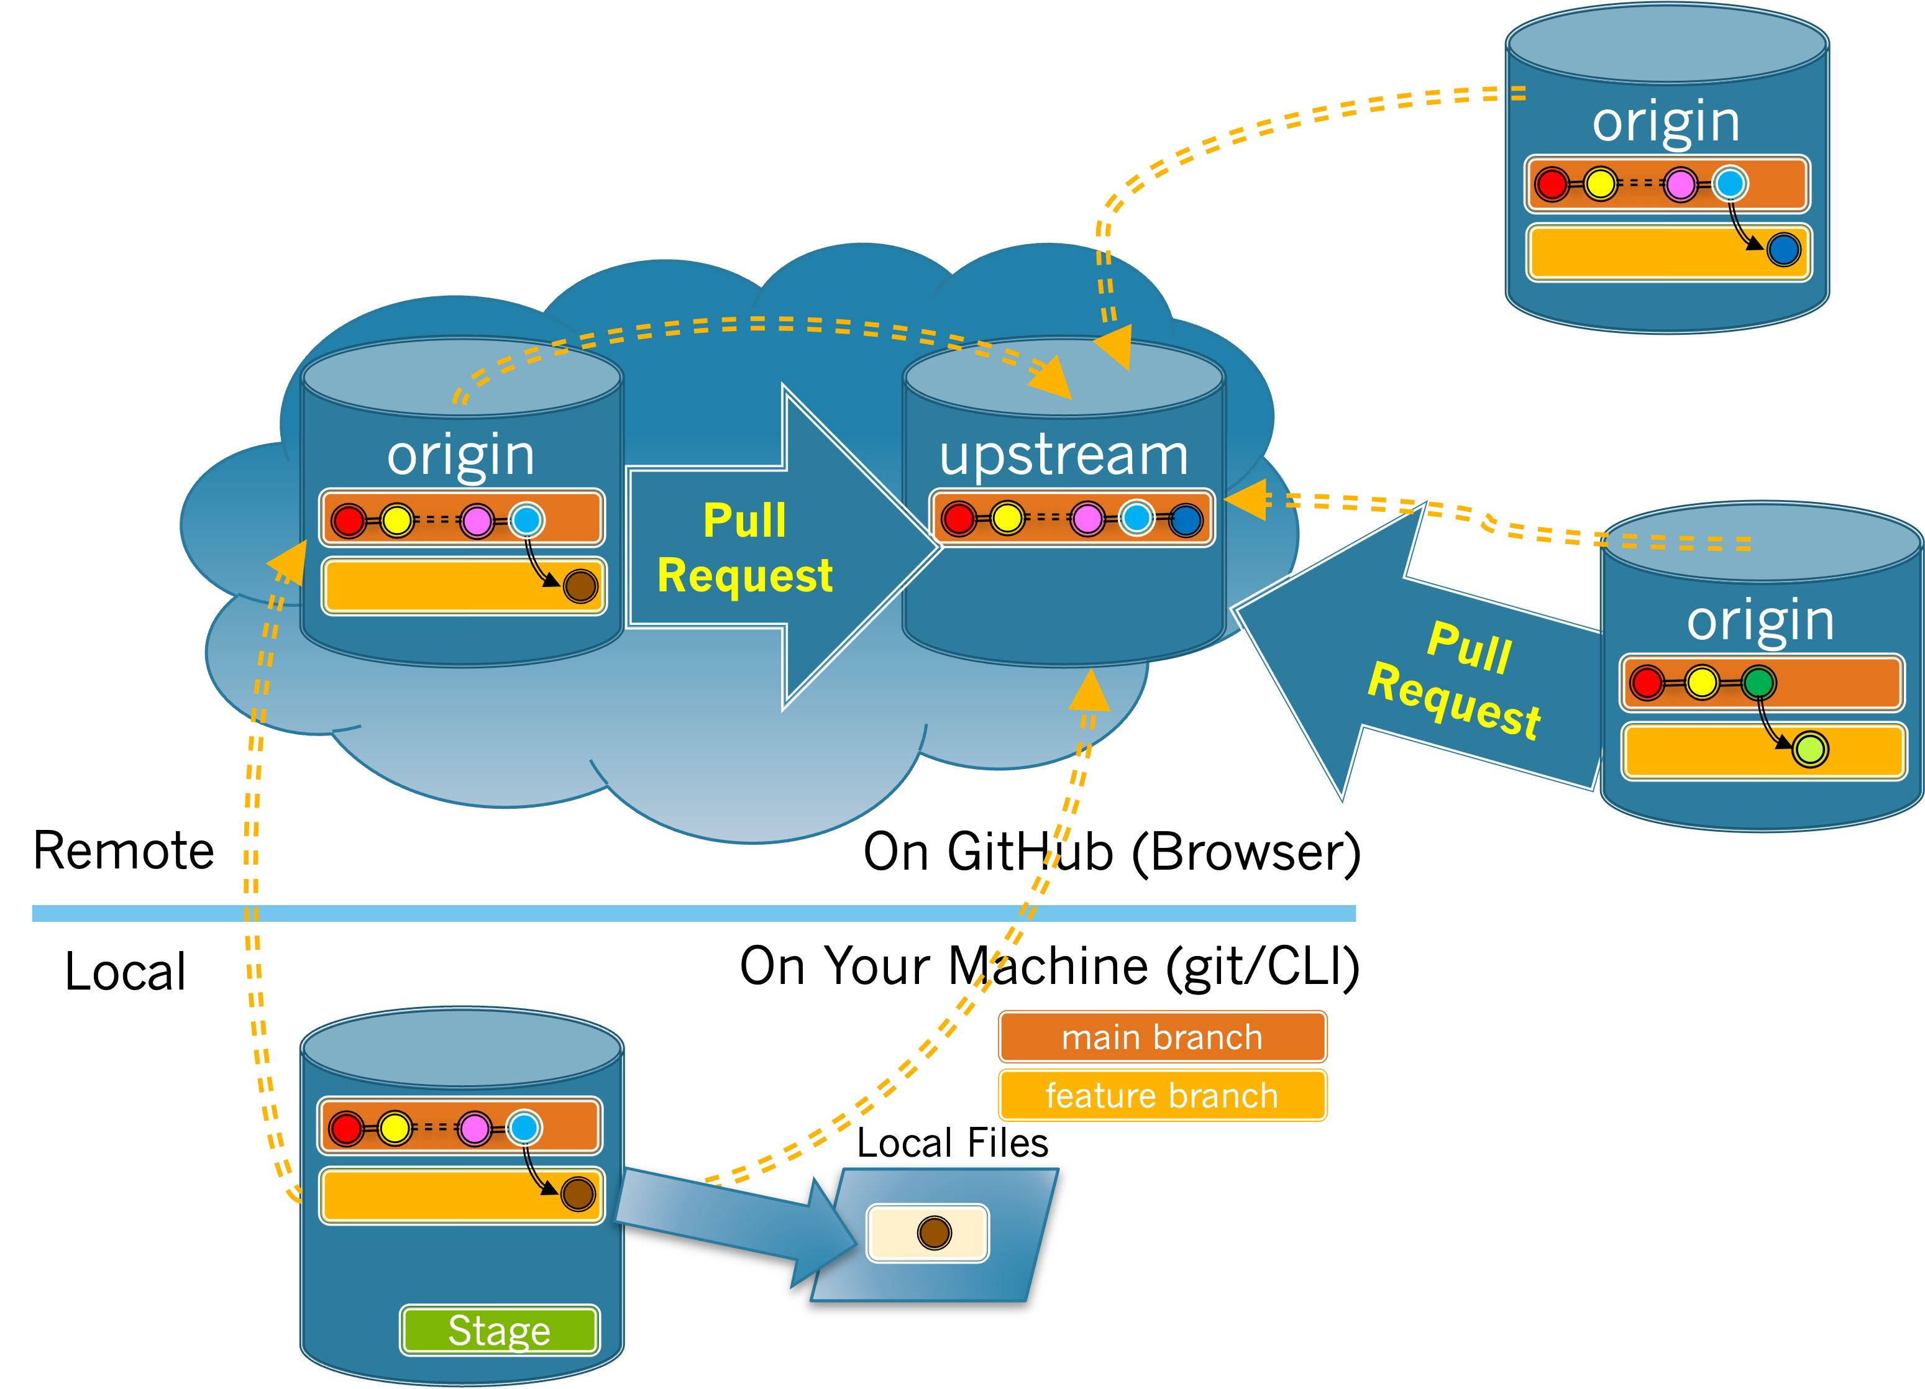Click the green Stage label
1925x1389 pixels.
pos(499,1329)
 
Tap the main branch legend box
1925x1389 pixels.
pos(1162,1037)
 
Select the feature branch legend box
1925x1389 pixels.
pos(1162,1095)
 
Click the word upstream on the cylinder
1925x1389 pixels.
pos(1064,455)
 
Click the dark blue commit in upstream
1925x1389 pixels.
pos(1186,519)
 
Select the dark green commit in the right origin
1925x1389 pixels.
pos(1758,682)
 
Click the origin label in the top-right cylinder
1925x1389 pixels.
pos(1665,122)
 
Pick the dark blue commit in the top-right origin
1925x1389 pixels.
pos(1783,250)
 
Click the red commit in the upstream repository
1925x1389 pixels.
pos(958,519)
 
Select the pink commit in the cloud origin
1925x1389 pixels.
pos(477,520)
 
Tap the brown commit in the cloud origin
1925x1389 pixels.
pos(580,585)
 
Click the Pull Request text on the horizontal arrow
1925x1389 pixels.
pos(744,547)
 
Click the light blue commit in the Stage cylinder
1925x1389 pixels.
pos(523,1127)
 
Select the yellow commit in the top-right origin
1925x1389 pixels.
pos(1600,184)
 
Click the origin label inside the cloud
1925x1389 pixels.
pos(461,455)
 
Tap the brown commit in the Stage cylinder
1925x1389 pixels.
pos(578,1194)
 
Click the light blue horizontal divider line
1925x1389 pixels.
pos(693,913)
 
